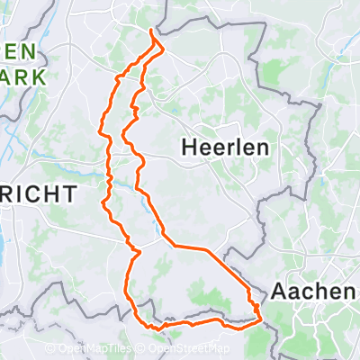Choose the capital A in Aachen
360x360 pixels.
277,292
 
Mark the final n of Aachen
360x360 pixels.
347,292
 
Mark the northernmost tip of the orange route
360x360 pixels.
149,31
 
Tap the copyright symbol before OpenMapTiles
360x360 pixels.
61,349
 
